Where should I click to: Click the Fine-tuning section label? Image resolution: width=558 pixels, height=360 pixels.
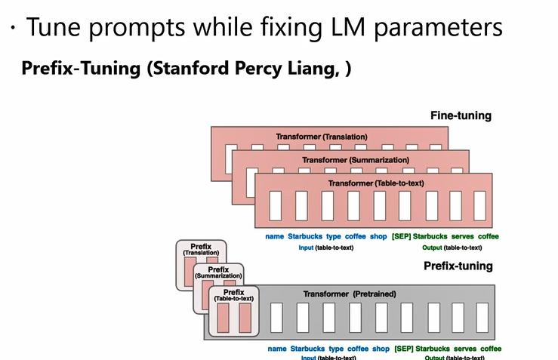pyautogui.click(x=461, y=115)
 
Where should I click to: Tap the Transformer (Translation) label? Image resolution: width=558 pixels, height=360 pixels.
pyautogui.click(x=321, y=137)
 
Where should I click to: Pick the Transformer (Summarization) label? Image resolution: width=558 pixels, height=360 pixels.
pyautogui.click(x=355, y=160)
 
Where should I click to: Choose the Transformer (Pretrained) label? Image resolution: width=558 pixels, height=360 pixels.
pyautogui.click(x=349, y=294)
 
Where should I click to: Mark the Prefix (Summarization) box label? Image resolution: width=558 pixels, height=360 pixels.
pyautogui.click(x=218, y=272)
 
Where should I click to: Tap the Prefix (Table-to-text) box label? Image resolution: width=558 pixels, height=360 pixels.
pyautogui.click(x=233, y=295)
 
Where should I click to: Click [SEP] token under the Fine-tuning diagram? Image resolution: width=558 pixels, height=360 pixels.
pyautogui.click(x=400, y=236)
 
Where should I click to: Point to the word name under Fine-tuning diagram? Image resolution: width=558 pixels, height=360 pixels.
pyautogui.click(x=274, y=236)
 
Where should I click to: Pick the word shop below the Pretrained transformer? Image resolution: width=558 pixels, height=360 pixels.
pyautogui.click(x=381, y=349)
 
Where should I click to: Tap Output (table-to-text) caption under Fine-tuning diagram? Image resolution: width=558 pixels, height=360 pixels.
pyautogui.click(x=452, y=247)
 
